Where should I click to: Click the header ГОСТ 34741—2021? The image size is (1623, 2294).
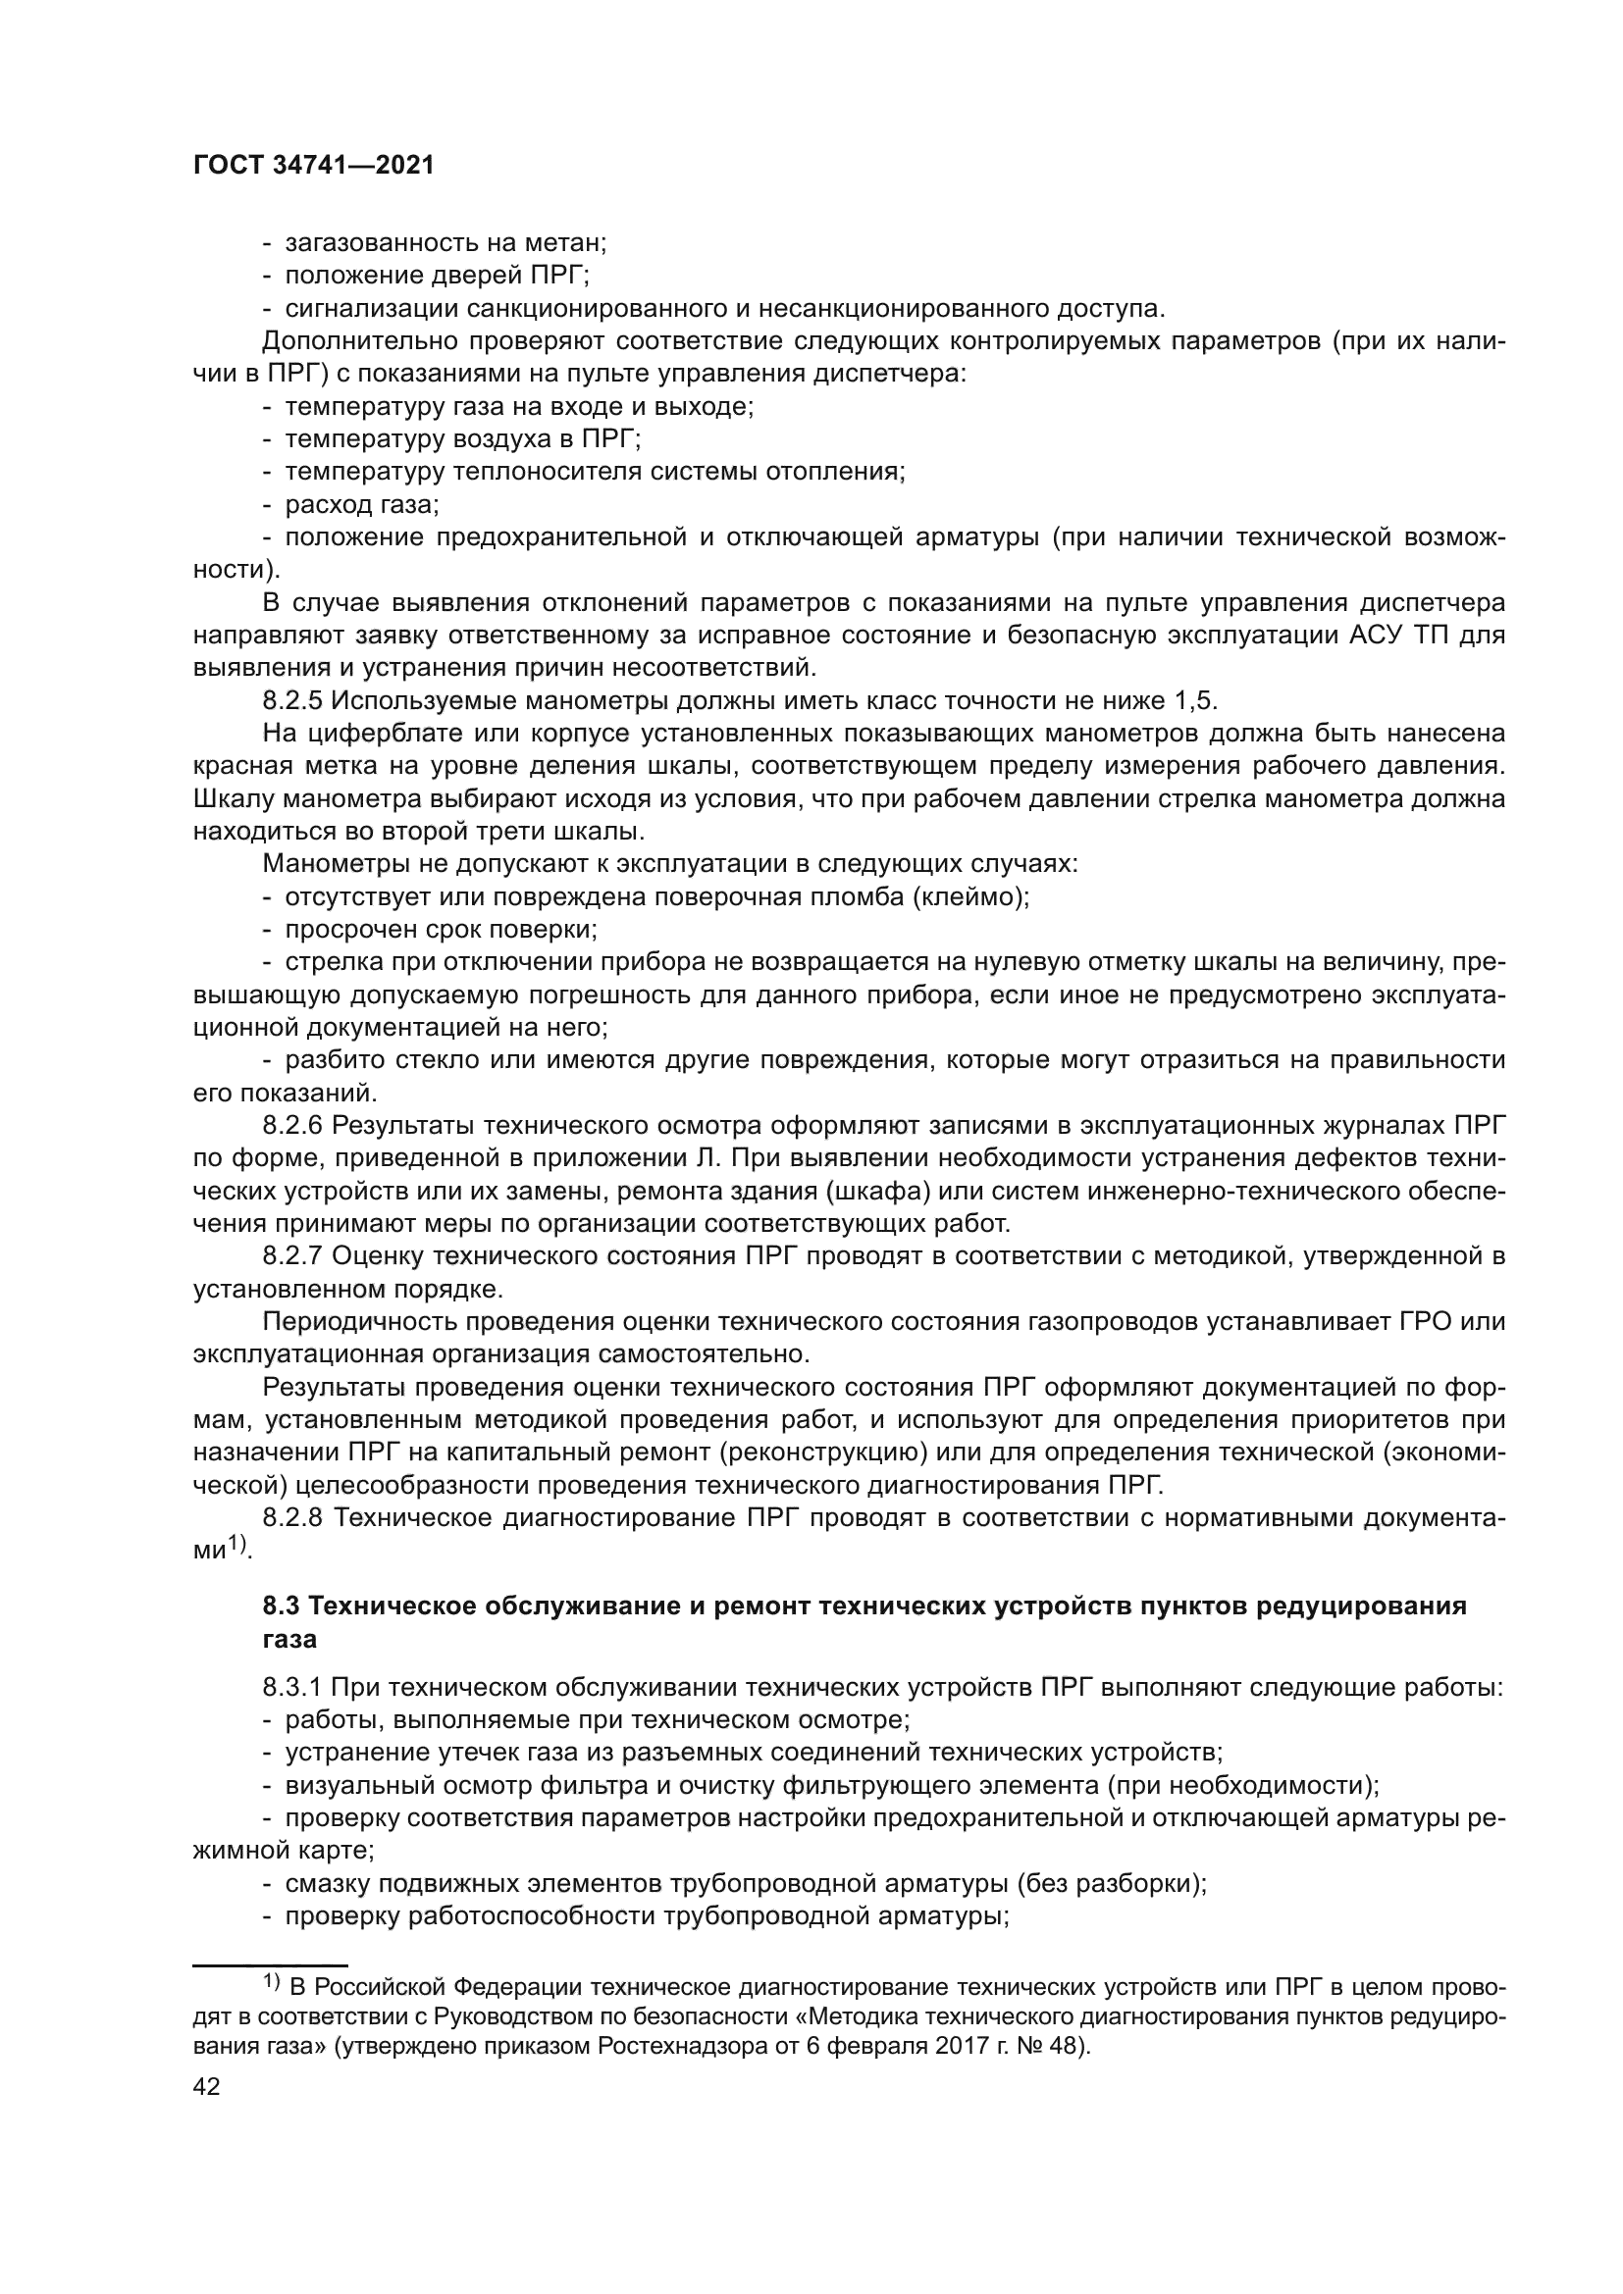click(x=313, y=166)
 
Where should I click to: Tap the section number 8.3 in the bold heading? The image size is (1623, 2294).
click(x=282, y=1606)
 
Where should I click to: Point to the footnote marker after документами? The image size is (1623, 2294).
click(x=237, y=1545)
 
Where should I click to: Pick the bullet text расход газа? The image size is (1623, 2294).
click(x=361, y=504)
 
